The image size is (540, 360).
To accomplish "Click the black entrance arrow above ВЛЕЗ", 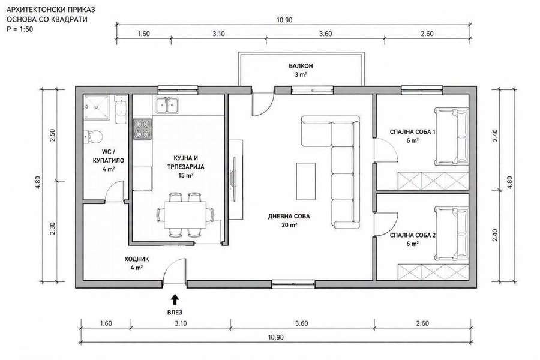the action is (175, 299).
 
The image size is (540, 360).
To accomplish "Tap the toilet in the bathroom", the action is (94, 136).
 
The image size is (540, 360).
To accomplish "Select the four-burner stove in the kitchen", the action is (142, 129).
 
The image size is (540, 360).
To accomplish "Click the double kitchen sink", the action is (167, 104).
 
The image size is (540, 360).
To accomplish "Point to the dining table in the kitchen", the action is (185, 214).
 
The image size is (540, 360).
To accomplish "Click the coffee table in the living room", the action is (306, 181).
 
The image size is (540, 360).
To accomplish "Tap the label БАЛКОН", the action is (301, 66).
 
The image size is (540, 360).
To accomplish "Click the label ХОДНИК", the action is (137, 259).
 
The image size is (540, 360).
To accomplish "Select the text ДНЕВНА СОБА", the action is (289, 217).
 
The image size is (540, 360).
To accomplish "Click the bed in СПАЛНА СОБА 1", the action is (451, 136).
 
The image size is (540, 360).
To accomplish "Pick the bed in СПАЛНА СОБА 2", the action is (451, 234).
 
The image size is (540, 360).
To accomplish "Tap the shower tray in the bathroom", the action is (98, 107).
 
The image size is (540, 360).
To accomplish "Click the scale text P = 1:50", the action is (20, 29).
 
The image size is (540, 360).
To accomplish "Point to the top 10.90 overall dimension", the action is (284, 20).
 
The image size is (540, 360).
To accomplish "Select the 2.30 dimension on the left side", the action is (52, 229).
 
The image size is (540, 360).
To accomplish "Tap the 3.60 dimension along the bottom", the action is (301, 323).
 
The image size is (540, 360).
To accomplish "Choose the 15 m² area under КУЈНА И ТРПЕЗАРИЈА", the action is (185, 175).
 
